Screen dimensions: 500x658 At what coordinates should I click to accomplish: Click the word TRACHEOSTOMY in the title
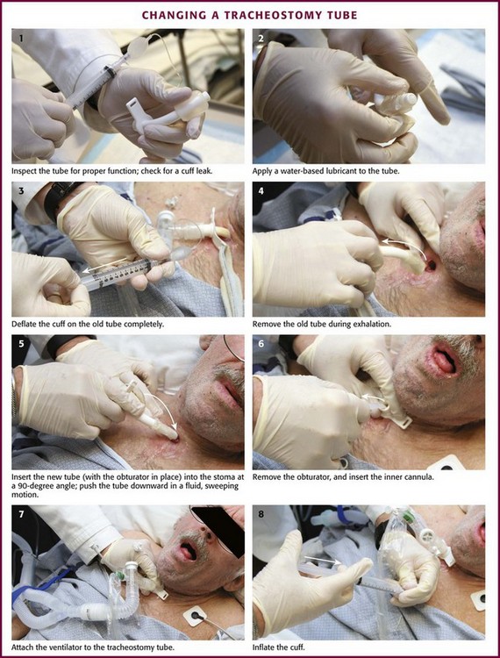tap(268, 16)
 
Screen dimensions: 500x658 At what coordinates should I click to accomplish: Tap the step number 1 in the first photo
tap(21, 39)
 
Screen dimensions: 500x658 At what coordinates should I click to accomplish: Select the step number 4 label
tap(261, 191)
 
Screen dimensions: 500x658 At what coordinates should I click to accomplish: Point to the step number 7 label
tap(21, 514)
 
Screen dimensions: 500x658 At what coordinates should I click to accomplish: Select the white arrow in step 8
tap(323, 561)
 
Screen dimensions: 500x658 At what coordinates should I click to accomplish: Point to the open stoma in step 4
tap(431, 266)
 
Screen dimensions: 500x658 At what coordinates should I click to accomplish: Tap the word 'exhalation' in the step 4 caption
tap(374, 325)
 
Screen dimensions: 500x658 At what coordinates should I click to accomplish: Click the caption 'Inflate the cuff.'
tap(276, 647)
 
